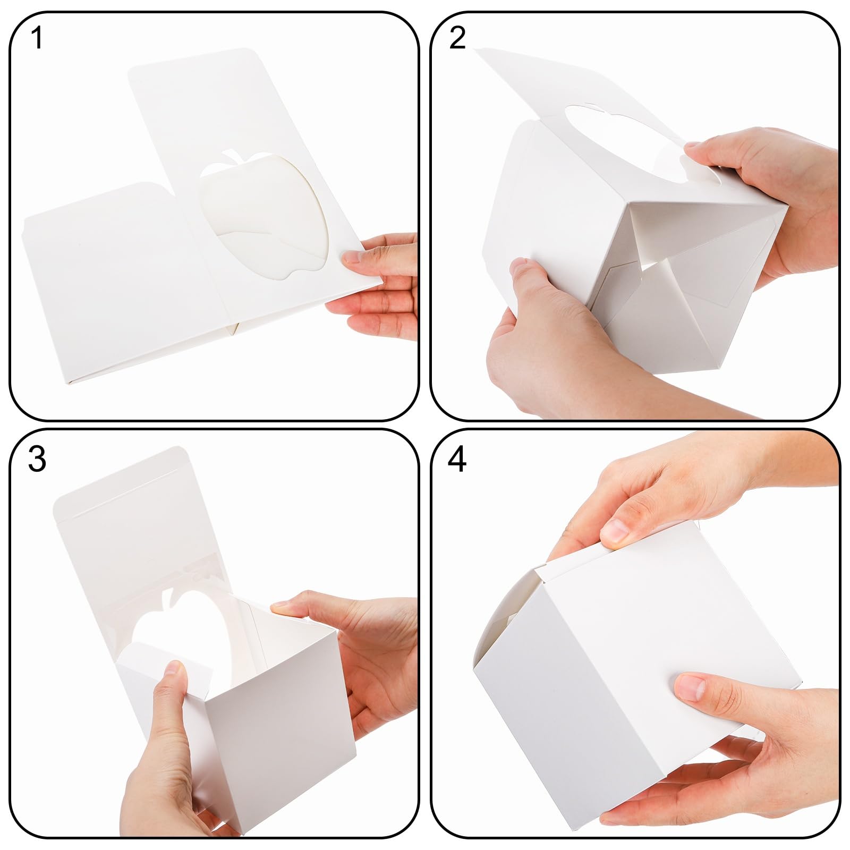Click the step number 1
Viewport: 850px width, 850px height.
pos(37,38)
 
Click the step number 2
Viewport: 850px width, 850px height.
pos(457,38)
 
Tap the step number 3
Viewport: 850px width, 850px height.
pos(37,459)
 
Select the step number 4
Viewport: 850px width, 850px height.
pos(457,459)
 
